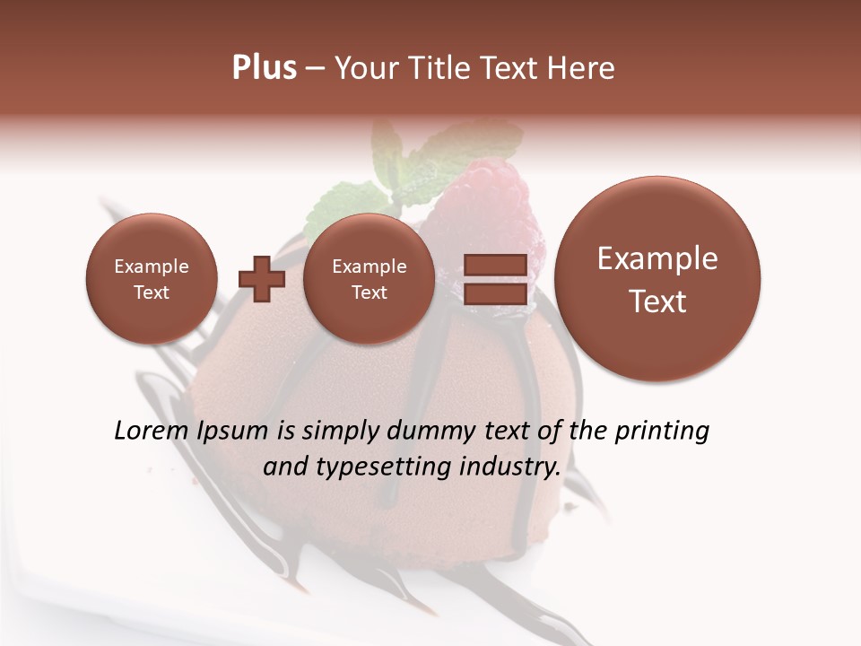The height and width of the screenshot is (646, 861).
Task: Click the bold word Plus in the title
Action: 264,68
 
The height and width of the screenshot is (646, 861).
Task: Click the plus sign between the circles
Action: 261,278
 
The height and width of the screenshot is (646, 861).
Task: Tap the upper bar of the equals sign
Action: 494,265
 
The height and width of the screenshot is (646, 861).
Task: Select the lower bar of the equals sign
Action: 494,293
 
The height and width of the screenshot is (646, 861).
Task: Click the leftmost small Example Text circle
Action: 152,279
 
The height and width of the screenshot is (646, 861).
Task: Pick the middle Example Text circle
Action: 369,279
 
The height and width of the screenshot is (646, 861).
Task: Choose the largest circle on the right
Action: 657,279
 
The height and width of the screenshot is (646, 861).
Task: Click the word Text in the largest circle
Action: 657,301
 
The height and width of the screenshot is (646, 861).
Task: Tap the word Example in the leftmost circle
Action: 152,266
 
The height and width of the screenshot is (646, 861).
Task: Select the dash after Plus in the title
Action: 315,68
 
